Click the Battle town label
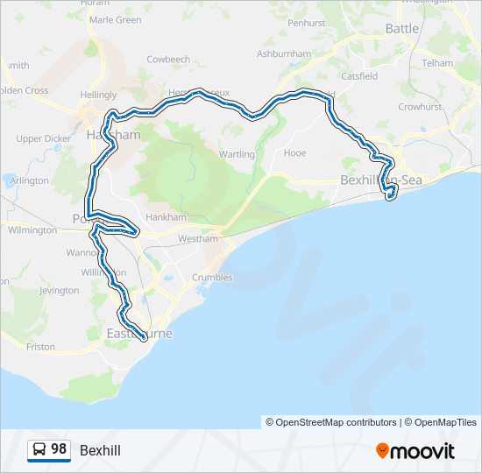click(x=402, y=29)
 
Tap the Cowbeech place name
click(x=168, y=60)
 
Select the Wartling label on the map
click(x=238, y=155)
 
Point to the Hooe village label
click(x=295, y=152)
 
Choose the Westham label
click(x=196, y=238)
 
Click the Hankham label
click(x=167, y=217)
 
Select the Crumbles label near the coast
click(x=212, y=278)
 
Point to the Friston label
click(x=40, y=347)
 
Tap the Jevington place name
click(x=59, y=290)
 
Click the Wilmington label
click(x=32, y=230)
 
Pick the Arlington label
click(x=30, y=180)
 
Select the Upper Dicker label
click(x=42, y=138)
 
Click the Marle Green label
click(x=115, y=19)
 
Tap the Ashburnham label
click(x=284, y=53)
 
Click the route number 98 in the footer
click(x=59, y=449)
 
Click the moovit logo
click(x=415, y=451)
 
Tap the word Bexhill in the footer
click(x=100, y=450)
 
